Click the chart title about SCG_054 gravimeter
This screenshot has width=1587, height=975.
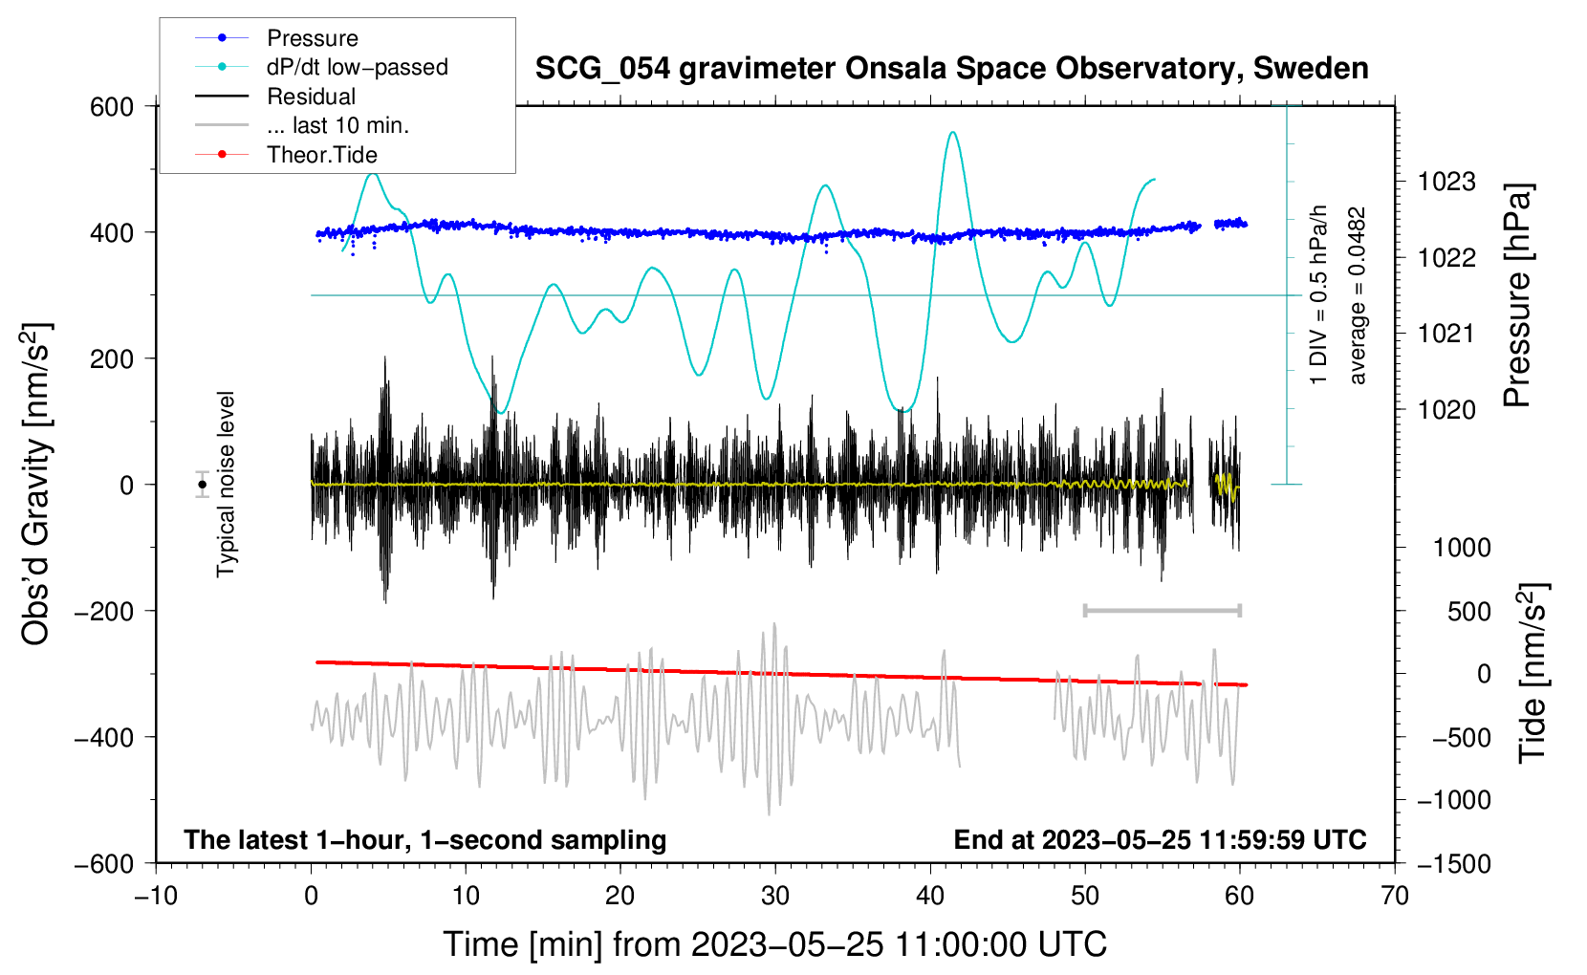point(951,69)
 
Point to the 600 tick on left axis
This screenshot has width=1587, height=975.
point(112,107)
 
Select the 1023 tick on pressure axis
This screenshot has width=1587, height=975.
point(1446,182)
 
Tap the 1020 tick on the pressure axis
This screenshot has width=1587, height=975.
point(1446,410)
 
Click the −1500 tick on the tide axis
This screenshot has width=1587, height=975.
point(1454,864)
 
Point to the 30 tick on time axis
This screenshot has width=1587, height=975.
point(775,897)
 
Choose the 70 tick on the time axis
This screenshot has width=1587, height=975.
point(1395,897)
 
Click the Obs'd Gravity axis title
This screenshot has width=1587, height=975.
point(35,485)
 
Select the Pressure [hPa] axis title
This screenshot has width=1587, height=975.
point(1517,295)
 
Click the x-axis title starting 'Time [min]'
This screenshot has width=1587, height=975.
point(775,944)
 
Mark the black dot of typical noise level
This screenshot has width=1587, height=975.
point(202,485)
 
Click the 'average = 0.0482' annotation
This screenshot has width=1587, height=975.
point(1358,295)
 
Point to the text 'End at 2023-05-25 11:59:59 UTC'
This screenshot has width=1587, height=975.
point(1160,840)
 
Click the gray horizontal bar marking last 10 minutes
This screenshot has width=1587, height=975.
point(1162,610)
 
